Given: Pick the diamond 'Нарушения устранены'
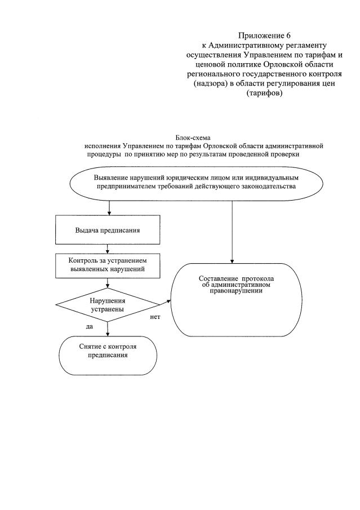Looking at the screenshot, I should point(108,305).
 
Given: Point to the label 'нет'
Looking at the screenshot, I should point(155,318).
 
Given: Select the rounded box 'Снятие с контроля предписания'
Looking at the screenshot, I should point(108,351).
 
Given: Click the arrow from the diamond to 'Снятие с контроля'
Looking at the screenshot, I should point(108,328).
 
